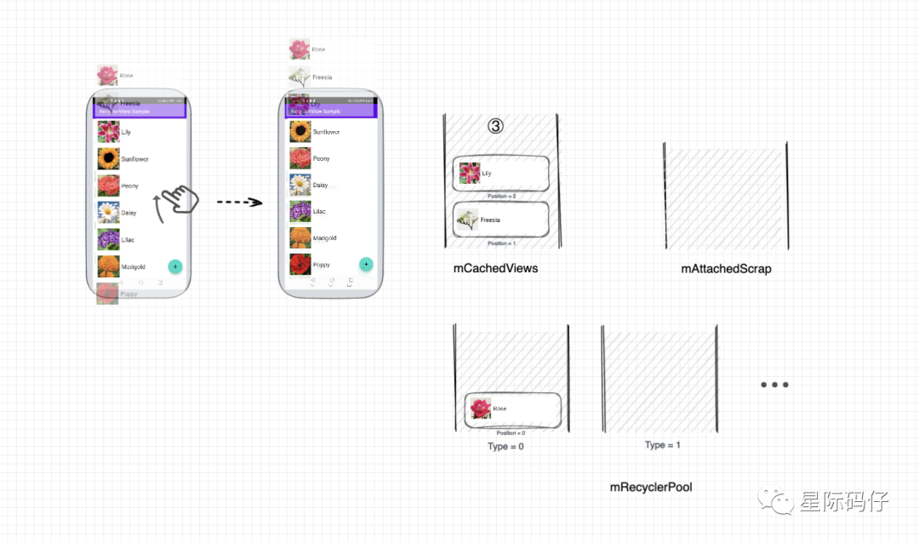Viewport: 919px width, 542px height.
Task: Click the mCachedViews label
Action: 495,268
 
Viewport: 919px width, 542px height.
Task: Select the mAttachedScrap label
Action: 726,269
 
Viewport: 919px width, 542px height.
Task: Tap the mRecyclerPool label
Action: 651,488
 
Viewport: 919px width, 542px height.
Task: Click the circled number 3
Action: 495,126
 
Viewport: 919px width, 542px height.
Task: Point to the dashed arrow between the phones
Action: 238,203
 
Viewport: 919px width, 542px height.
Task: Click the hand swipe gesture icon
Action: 177,200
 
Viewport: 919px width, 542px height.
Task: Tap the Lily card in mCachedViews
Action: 500,174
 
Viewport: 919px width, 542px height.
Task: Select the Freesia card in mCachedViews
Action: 500,220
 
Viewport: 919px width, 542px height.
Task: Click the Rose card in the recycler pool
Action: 512,409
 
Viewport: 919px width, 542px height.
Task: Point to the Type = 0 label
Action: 505,447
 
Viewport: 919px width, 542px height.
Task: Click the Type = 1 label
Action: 663,445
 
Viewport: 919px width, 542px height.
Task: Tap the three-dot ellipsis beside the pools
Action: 774,385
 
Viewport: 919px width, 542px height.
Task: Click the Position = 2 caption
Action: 501,197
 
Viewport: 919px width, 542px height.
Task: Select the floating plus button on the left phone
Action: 175,266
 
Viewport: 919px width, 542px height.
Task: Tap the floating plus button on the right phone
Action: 366,264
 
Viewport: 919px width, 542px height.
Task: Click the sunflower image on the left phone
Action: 108,159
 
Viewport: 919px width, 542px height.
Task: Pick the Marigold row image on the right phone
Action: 300,238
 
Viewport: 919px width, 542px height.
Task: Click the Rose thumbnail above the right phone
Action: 299,49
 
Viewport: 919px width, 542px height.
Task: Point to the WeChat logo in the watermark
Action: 777,501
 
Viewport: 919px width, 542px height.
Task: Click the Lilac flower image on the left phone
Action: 108,240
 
